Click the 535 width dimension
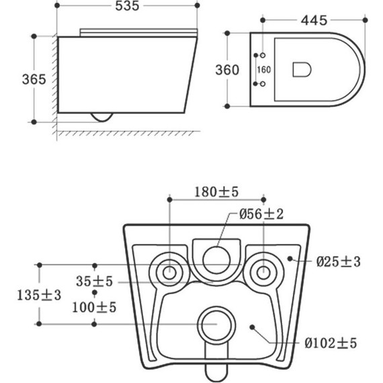pyautogui.click(x=127, y=6)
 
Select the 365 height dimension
pyautogui.click(x=34, y=79)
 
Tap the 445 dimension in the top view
pyautogui.click(x=314, y=21)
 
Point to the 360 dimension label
pyautogui.click(x=227, y=70)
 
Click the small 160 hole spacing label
pyautogui.click(x=264, y=70)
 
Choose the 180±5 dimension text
pyautogui.click(x=216, y=192)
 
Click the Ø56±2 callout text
pyautogui.click(x=261, y=214)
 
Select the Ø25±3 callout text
pyautogui.click(x=339, y=262)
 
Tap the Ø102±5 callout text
pyautogui.click(x=331, y=343)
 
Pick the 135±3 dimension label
pyautogui.click(x=39, y=295)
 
